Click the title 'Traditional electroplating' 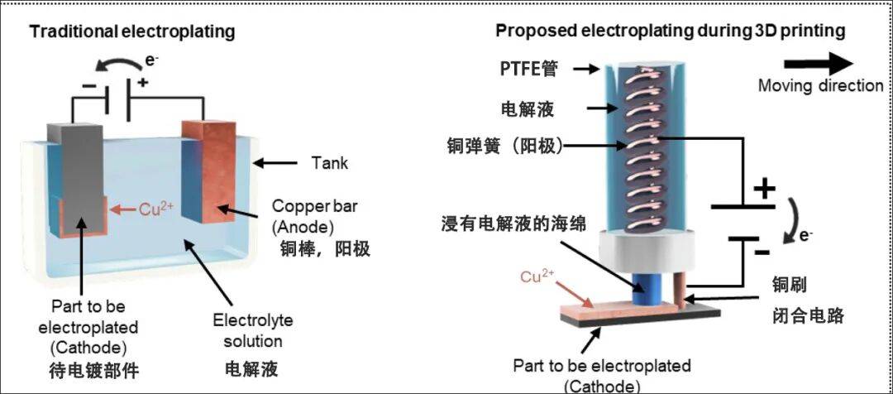click(x=132, y=32)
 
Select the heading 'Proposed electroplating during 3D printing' click(x=670, y=31)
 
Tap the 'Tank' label click(x=329, y=163)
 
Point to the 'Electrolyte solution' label click(x=252, y=330)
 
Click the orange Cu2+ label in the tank click(x=155, y=209)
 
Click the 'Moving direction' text click(x=820, y=86)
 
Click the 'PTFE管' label click(x=528, y=70)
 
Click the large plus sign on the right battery click(x=764, y=189)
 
